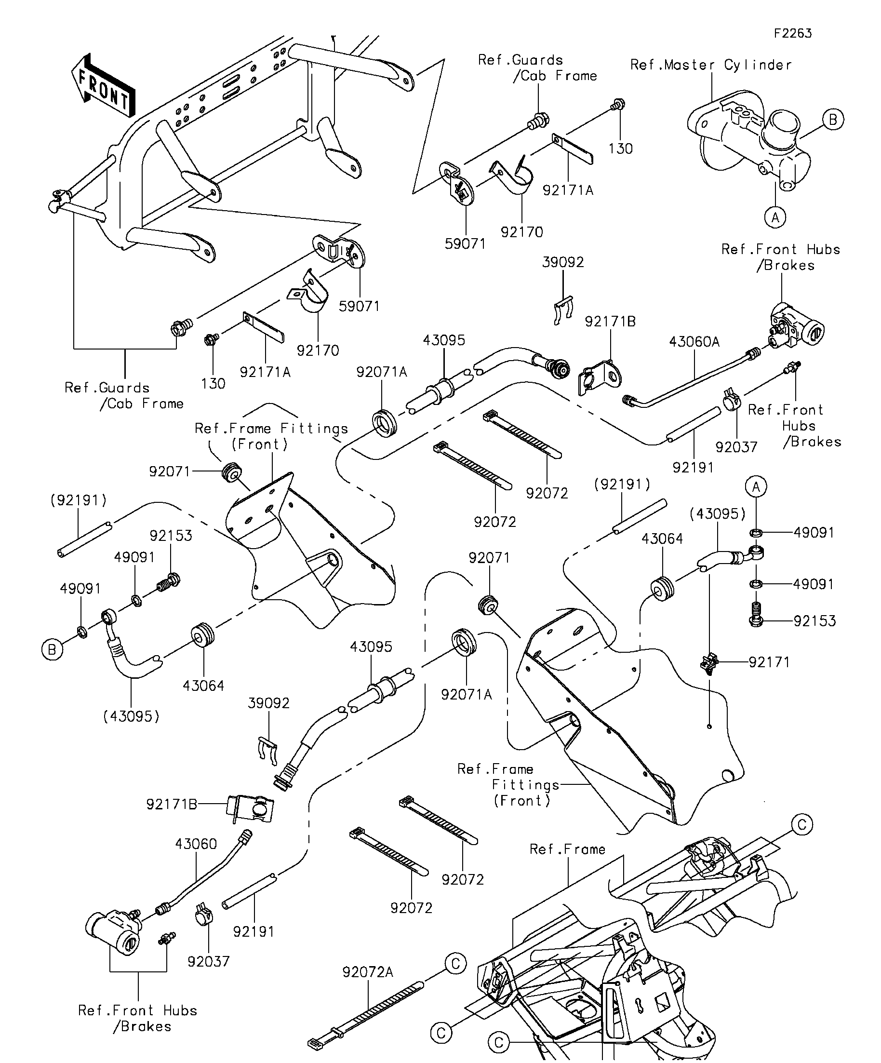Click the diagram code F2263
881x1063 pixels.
tap(792, 33)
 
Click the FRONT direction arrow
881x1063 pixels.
tap(103, 86)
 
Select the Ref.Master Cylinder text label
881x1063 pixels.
tap(710, 65)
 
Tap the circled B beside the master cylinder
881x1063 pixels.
tap(833, 120)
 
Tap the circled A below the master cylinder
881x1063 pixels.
tap(775, 218)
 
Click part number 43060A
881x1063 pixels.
tap(694, 342)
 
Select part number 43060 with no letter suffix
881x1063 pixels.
tap(196, 844)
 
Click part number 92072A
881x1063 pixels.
tap(367, 972)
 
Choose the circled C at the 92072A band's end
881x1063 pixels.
tap(455, 963)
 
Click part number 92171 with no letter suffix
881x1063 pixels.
tap(769, 661)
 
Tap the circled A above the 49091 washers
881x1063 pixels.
tap(756, 487)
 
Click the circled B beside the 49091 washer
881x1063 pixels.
tap(52, 649)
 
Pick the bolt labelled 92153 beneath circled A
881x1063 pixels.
tap(756, 614)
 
